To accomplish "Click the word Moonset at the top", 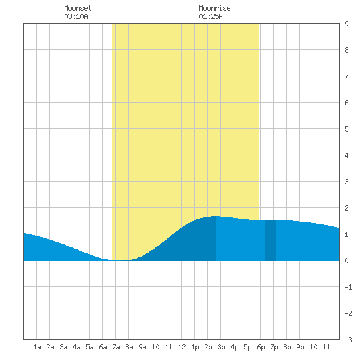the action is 78,8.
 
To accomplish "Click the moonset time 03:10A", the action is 76,16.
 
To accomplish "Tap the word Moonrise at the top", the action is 215,8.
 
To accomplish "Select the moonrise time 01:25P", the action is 211,16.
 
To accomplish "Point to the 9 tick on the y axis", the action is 346,24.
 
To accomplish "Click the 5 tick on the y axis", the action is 346,129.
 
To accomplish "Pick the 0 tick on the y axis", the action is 346,261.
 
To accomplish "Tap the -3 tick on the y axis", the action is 348,340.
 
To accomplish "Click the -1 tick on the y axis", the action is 348,287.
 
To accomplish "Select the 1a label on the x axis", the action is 37,347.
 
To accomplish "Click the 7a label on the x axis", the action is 116,347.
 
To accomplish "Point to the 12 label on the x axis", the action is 182,347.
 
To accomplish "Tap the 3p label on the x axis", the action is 221,347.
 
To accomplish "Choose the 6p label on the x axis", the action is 261,347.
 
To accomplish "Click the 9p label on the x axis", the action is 300,347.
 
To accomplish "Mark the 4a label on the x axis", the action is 76,347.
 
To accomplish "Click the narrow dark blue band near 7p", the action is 270,240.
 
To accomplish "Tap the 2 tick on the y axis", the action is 346,208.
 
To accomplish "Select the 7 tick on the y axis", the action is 346,76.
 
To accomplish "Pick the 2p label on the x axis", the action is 208,347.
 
